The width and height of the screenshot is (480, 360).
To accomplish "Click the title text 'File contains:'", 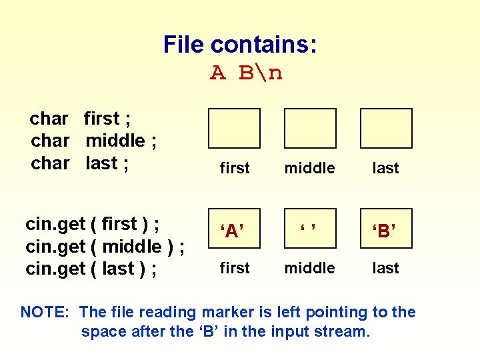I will tap(240, 45).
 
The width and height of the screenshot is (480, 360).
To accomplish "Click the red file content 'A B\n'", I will tap(246, 72).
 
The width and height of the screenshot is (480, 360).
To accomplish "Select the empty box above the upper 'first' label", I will tap(234, 128).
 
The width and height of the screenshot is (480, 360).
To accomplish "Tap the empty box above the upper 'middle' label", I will tap(310, 128).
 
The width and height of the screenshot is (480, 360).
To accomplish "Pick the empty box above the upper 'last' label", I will tap(386, 128).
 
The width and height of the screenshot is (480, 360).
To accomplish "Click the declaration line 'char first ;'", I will tap(80, 119).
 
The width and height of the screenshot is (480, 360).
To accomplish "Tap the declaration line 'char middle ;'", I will tap(93, 141).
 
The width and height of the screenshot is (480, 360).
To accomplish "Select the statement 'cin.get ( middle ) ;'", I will tap(105, 246).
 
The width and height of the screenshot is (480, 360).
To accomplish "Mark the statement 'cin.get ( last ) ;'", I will tap(91, 268).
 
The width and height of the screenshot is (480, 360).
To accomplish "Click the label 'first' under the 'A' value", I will tap(235, 268).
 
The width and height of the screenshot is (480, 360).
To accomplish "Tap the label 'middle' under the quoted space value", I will tap(309, 268).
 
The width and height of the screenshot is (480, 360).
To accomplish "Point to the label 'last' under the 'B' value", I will tap(386, 268).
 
